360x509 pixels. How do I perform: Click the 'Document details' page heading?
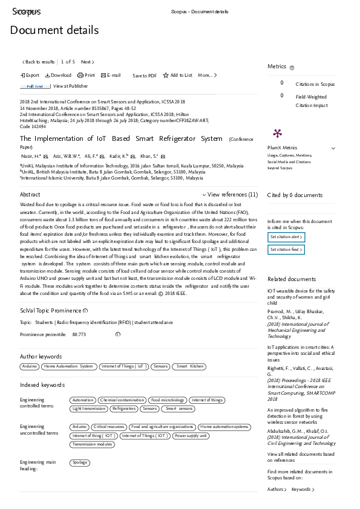(54, 30)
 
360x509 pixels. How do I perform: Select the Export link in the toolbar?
(30, 76)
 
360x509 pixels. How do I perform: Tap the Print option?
(87, 76)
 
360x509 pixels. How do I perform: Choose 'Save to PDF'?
(145, 76)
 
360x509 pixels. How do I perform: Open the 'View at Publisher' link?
(71, 86)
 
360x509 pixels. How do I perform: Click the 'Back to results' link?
(39, 62)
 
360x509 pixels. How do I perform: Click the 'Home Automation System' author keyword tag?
(68, 366)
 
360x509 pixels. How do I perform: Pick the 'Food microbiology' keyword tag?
(168, 400)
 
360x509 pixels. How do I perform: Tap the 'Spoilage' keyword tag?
(80, 462)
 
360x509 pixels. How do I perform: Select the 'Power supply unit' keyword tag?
(191, 435)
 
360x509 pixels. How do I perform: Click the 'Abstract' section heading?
(30, 195)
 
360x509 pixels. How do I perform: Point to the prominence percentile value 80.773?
(79, 334)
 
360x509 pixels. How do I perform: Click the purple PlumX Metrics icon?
(278, 133)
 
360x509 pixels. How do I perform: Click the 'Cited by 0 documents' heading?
(295, 195)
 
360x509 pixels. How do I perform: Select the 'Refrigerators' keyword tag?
(123, 409)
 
